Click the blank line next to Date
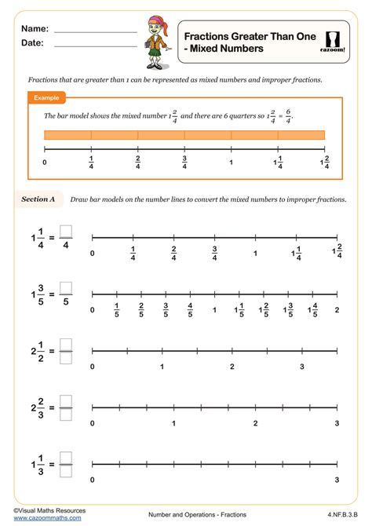pyautogui.click(x=96, y=46)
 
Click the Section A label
pyautogui.click(x=38, y=199)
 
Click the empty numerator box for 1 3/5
pyautogui.click(x=66, y=287)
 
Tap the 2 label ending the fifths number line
pyautogui.click(x=337, y=310)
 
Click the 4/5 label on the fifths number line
pyautogui.click(x=190, y=310)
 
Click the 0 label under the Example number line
pyautogui.click(x=45, y=163)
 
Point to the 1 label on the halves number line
pyautogui.click(x=162, y=367)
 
